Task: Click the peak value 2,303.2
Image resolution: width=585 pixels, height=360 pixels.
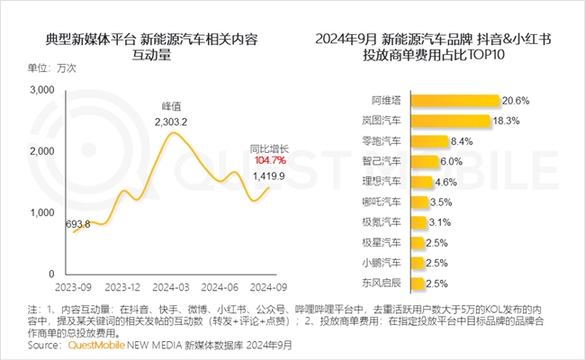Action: coord(170,121)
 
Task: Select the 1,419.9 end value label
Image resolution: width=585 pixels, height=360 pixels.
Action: coord(269,175)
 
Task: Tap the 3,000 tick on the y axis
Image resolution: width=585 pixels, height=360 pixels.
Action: coord(43,90)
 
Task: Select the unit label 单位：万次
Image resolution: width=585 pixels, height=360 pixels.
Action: coord(52,68)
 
